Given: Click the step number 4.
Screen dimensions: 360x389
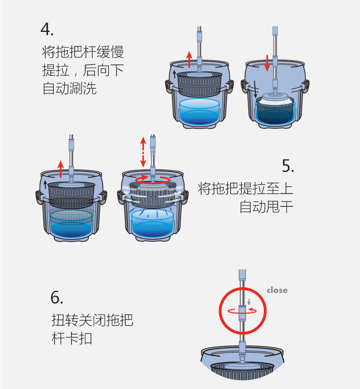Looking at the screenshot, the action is [x=47, y=29].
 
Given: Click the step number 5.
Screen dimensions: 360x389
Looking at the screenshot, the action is [x=288, y=166].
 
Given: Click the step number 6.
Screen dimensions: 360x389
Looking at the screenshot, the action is [x=57, y=297].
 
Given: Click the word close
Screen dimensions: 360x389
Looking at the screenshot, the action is [x=277, y=290].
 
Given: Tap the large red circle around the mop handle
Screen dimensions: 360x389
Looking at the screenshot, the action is [x=220, y=311].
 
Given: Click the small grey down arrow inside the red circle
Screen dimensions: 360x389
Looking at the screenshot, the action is [x=249, y=302].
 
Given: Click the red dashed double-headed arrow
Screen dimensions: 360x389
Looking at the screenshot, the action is [x=143, y=152].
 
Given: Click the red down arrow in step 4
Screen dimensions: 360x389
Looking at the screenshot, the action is [x=267, y=63].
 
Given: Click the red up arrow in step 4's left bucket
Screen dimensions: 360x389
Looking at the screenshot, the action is [x=189, y=59].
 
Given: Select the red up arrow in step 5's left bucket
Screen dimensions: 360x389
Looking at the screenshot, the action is [x=61, y=169].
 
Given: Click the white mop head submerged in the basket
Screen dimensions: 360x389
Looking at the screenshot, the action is [x=275, y=101].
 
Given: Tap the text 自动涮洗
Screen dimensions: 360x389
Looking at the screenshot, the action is [x=70, y=88].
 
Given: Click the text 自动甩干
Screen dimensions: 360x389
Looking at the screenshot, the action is [x=266, y=207].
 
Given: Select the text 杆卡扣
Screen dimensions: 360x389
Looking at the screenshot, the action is [x=72, y=338].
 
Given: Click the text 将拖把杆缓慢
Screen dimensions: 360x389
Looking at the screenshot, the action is [x=82, y=52].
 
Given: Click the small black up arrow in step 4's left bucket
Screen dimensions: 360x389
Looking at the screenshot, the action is [x=174, y=74].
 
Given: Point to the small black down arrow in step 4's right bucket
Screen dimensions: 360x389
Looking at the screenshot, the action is [x=255, y=89].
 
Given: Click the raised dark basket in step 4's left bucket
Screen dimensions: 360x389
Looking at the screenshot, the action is [x=199, y=84].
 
